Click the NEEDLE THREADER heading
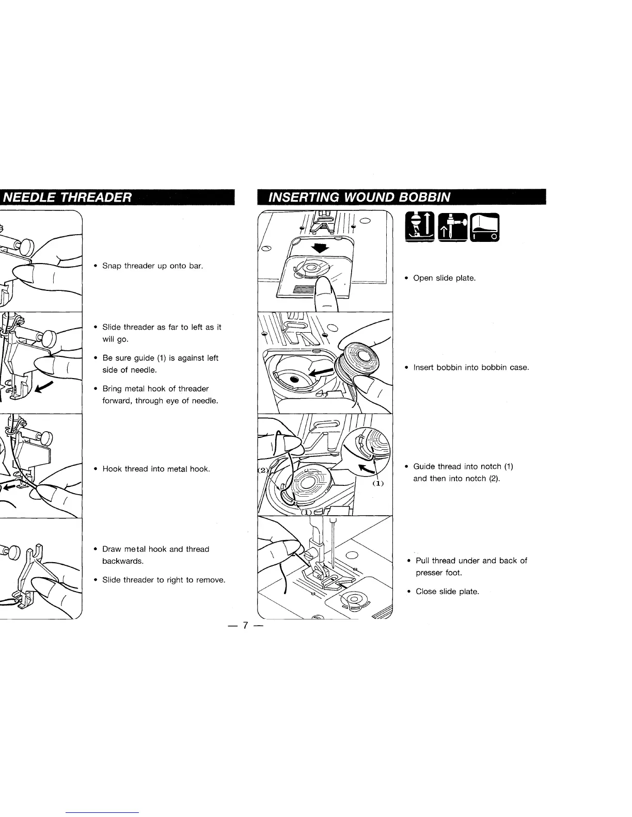coord(67,198)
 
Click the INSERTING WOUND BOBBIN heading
coord(356,198)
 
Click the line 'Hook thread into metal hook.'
coord(156,469)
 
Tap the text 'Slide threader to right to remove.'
coord(164,580)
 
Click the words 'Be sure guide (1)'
coord(131,358)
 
